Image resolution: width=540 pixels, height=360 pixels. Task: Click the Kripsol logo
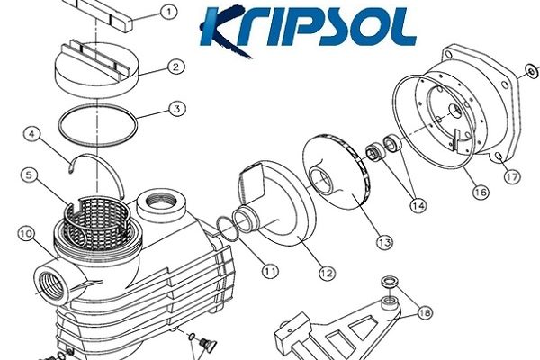pos(308,30)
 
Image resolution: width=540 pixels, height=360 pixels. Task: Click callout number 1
pos(169,13)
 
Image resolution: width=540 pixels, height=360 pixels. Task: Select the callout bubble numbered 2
pos(176,67)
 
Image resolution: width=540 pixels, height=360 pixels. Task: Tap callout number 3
pos(177,109)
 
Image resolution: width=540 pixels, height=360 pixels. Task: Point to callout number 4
pos(32,134)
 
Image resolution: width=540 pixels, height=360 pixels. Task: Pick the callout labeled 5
pos(29,175)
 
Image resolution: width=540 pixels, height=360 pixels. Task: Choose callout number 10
pos(26,234)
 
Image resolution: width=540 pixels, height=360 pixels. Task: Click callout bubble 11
pos(270,272)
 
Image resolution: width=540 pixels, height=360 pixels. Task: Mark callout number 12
pos(327,274)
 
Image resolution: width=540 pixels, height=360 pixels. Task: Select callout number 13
pos(384,242)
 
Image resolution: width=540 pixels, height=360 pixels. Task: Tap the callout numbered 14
pos(418,206)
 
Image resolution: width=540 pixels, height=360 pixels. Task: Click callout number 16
pos(481,192)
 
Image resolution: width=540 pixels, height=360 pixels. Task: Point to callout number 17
pos(512,177)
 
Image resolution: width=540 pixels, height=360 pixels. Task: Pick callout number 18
pos(426,313)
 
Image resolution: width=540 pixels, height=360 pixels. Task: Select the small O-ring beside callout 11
pos(227,229)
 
